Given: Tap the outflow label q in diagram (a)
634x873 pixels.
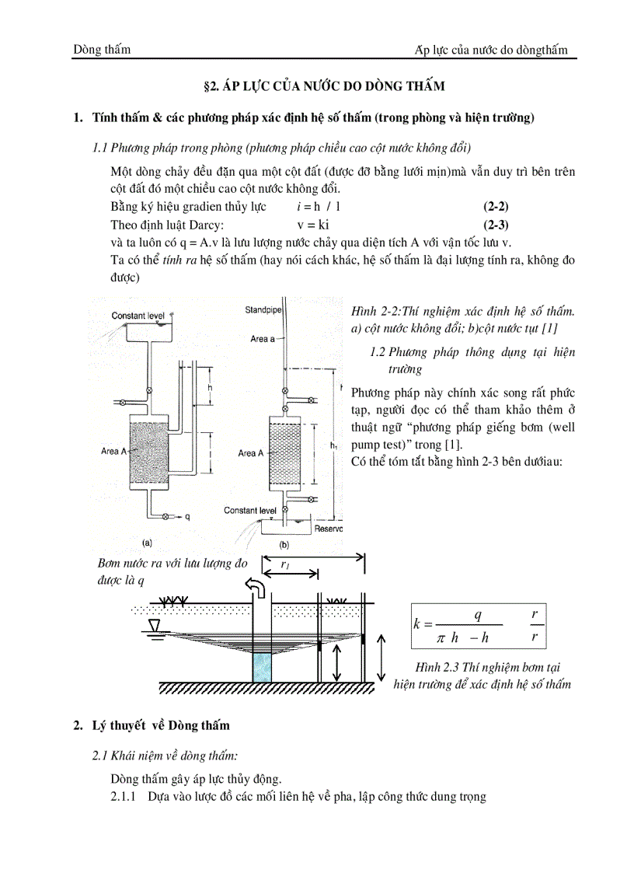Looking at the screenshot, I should click(186, 515).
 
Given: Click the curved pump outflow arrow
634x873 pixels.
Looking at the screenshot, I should click(254, 585).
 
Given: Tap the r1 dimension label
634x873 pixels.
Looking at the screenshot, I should click(287, 567).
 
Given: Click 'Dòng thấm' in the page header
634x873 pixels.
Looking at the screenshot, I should click(102, 50).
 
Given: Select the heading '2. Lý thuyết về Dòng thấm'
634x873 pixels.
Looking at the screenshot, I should click(152, 725).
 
